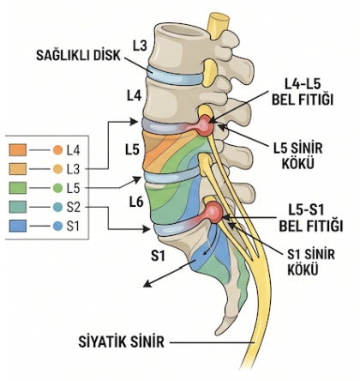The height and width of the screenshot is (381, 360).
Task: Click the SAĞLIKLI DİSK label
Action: (x=78, y=55)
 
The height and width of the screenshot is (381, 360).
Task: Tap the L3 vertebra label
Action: (x=140, y=45)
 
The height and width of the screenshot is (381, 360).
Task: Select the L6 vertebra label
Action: (x=136, y=203)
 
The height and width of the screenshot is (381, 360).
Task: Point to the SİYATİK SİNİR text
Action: (x=122, y=342)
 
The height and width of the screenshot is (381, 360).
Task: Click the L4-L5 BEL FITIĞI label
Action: (x=303, y=92)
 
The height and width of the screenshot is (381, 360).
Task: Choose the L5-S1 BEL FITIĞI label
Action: (x=311, y=218)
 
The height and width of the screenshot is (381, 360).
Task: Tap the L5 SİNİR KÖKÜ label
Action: (x=298, y=156)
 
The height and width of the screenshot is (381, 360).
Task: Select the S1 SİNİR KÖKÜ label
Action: (x=311, y=262)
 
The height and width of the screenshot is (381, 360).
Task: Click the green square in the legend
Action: (x=18, y=188)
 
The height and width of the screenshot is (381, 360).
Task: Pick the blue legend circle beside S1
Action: (x=57, y=227)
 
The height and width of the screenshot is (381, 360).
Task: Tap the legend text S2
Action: (x=74, y=208)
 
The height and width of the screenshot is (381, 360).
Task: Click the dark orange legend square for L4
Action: (x=18, y=150)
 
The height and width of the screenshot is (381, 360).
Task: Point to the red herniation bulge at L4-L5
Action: (x=205, y=125)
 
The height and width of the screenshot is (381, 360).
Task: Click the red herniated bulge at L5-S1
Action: (x=213, y=212)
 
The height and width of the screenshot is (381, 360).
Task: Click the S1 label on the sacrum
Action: (x=158, y=256)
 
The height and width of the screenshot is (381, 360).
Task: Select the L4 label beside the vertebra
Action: (x=134, y=96)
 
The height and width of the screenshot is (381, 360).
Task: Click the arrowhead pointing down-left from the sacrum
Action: (x=147, y=284)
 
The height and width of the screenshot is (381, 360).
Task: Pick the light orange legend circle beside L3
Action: (x=57, y=169)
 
